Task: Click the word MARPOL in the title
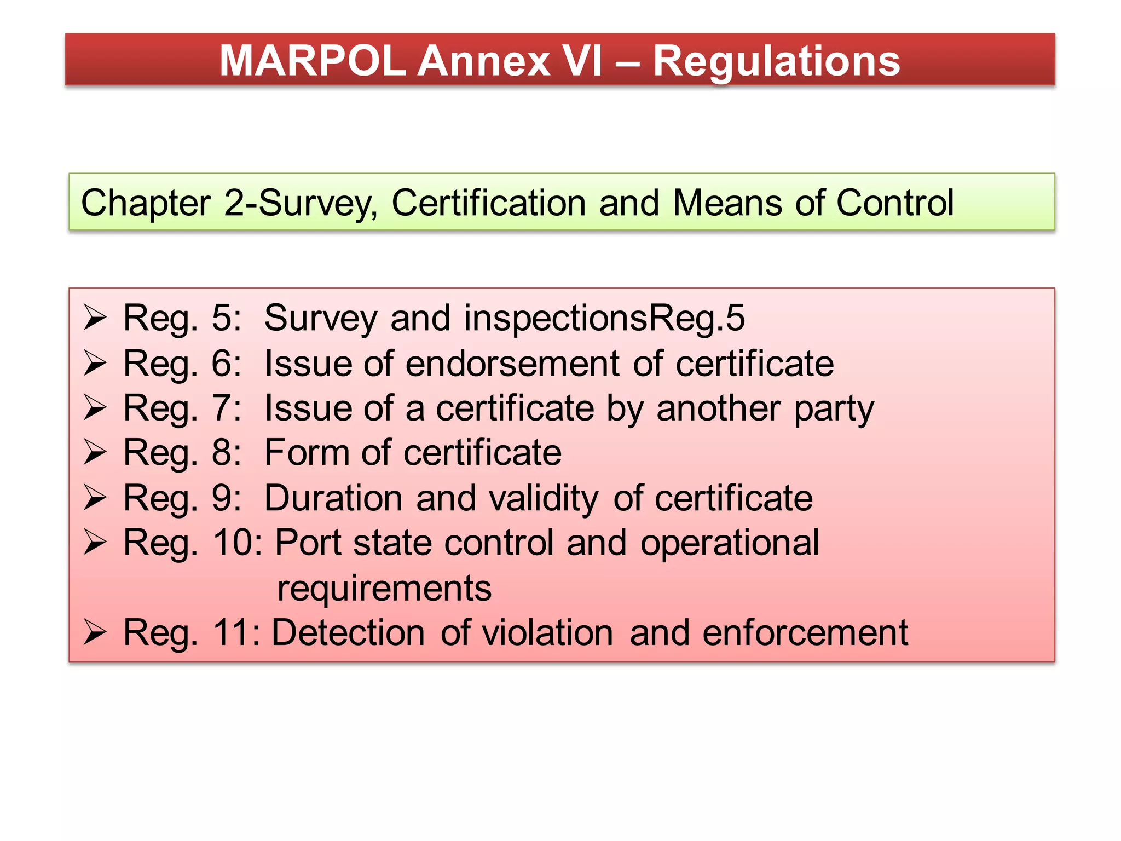pyautogui.click(x=312, y=60)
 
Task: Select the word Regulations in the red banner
pyautogui.click(x=776, y=61)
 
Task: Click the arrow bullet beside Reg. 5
pyautogui.click(x=95, y=318)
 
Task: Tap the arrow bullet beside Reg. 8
pyautogui.click(x=95, y=453)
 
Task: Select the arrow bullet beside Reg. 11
pyautogui.click(x=95, y=633)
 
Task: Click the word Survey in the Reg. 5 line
pyautogui.click(x=320, y=319)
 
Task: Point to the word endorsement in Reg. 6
pyautogui.click(x=512, y=364)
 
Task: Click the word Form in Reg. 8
pyautogui.click(x=306, y=453)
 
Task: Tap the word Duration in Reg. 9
pyautogui.click(x=333, y=498)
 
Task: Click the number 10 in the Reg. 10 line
pyautogui.click(x=232, y=543)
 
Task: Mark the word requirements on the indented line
pyautogui.click(x=384, y=589)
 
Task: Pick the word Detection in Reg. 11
pyautogui.click(x=348, y=633)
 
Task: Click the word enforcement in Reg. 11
pyautogui.click(x=805, y=633)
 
